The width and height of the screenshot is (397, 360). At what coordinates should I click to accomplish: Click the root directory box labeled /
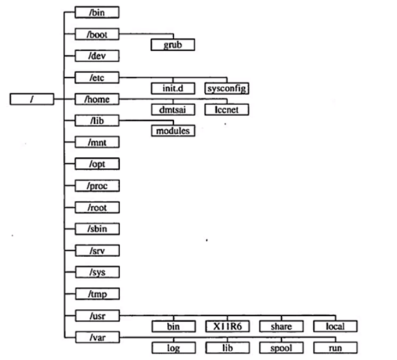tap(32, 99)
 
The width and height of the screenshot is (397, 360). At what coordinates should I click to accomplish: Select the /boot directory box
tap(96, 34)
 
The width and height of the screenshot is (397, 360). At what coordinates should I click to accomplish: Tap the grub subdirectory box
tap(173, 45)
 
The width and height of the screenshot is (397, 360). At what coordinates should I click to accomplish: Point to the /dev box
tap(96, 56)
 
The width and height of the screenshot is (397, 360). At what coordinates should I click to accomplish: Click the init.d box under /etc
tap(173, 88)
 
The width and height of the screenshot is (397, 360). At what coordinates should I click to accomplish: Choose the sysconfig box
tap(227, 88)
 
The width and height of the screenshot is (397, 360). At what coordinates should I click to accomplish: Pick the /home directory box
tap(96, 99)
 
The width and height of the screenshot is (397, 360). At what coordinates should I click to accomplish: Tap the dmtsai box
tap(173, 110)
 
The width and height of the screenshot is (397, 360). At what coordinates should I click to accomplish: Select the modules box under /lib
tap(173, 131)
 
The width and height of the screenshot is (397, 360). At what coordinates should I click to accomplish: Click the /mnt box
tap(96, 142)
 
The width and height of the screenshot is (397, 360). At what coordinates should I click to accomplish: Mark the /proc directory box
tap(96, 186)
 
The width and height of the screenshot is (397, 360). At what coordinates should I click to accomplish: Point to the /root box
tap(96, 207)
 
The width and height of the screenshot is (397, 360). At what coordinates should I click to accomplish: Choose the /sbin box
tap(96, 229)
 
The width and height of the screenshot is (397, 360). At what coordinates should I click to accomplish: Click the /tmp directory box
tap(96, 294)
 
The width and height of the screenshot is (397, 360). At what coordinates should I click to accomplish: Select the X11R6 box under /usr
tap(227, 326)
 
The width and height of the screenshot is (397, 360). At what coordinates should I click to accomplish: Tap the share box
tap(281, 326)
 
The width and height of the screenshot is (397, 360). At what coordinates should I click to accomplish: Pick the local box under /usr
tap(335, 326)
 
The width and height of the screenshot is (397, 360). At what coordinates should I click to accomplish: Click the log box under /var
tap(173, 348)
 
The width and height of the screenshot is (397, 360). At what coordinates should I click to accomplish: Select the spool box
tap(281, 348)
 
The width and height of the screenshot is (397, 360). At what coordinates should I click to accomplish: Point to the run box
tap(335, 348)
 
